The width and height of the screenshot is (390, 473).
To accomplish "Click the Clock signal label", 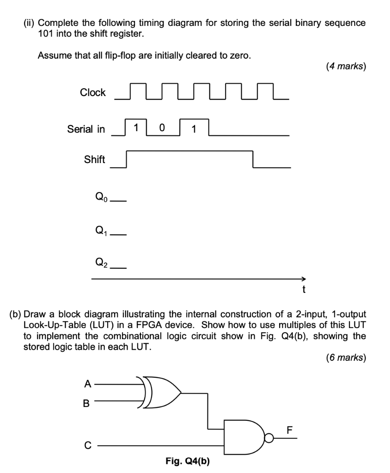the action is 93,92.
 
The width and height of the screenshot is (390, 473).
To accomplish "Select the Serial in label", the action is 86,129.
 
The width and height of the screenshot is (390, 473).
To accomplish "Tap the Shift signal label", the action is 94,160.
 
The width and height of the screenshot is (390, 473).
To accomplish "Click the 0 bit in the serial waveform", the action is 162,128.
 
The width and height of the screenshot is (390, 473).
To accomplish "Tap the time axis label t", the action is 304,290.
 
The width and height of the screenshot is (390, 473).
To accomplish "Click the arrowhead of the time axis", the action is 303,279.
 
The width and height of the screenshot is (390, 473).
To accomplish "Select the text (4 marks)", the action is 346,67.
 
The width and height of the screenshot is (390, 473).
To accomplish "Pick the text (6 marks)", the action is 346,357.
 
